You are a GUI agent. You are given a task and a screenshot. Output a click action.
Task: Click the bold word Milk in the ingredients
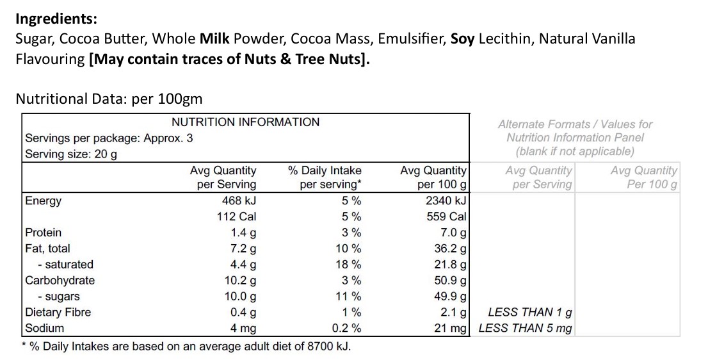tap(215, 39)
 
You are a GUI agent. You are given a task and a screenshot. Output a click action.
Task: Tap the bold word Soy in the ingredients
tap(463, 39)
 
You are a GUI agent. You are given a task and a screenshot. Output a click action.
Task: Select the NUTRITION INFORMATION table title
tap(245, 122)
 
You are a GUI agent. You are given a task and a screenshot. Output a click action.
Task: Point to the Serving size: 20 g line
tap(71, 154)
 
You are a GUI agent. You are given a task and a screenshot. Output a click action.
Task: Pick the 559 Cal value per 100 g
tap(446, 217)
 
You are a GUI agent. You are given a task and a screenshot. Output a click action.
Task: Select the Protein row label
tap(43, 233)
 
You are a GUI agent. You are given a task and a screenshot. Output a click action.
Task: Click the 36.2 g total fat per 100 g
tap(450, 249)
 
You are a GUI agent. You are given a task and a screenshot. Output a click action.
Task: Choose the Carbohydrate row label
tap(60, 280)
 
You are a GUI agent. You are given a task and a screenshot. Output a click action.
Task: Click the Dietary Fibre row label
tap(58, 312)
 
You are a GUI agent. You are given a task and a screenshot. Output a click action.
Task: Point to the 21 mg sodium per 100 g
tap(451, 328)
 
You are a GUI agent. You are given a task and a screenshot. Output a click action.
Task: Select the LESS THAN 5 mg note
tap(526, 328)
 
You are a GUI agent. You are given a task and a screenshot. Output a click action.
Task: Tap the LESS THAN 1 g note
tap(530, 312)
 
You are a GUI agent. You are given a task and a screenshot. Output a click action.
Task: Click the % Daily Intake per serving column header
tap(325, 177)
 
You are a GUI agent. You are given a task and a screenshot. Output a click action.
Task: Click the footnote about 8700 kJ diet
tap(186, 346)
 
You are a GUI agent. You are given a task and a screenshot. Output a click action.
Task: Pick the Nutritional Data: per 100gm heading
tap(109, 99)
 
